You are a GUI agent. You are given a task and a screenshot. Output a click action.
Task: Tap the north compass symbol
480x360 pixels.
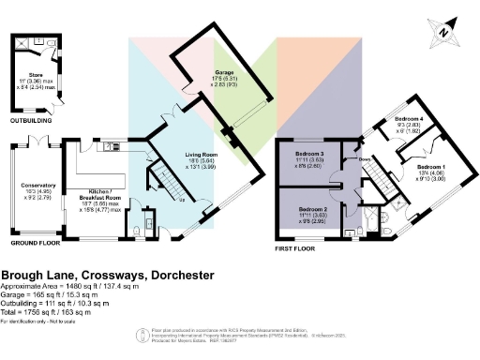[x=443, y=33]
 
